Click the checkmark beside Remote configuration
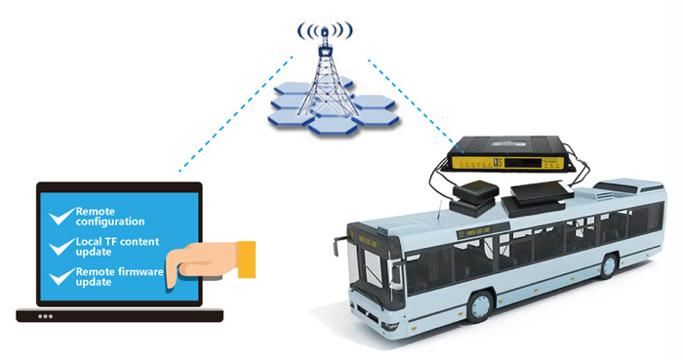coord(60,217)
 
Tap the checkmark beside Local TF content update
coord(60,247)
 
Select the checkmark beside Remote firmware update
coord(60,277)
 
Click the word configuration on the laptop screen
coord(110,222)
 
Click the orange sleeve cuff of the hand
coord(247,260)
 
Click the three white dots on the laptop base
coord(45,316)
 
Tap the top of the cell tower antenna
coord(325,30)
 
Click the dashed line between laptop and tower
coord(236,113)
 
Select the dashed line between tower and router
coord(416,105)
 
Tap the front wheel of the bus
coord(481,306)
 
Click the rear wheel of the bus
coord(609,265)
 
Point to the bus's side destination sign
coord(483,231)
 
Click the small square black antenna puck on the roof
coord(476,191)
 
